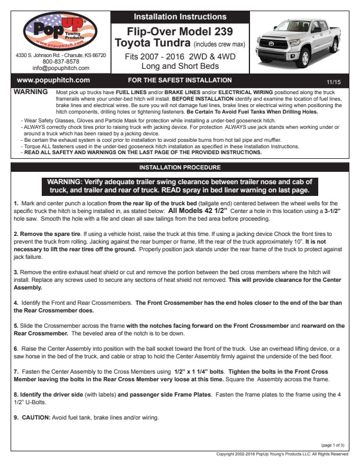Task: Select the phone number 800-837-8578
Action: tap(61, 62)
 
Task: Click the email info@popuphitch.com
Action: tap(61, 68)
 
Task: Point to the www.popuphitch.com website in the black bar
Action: tap(54, 80)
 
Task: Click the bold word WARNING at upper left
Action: tap(30, 93)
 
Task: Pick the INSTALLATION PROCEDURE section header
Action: tap(179, 167)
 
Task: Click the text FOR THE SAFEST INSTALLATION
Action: tap(179, 80)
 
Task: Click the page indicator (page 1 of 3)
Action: tap(333, 445)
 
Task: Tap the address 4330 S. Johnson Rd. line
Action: tap(61, 55)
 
